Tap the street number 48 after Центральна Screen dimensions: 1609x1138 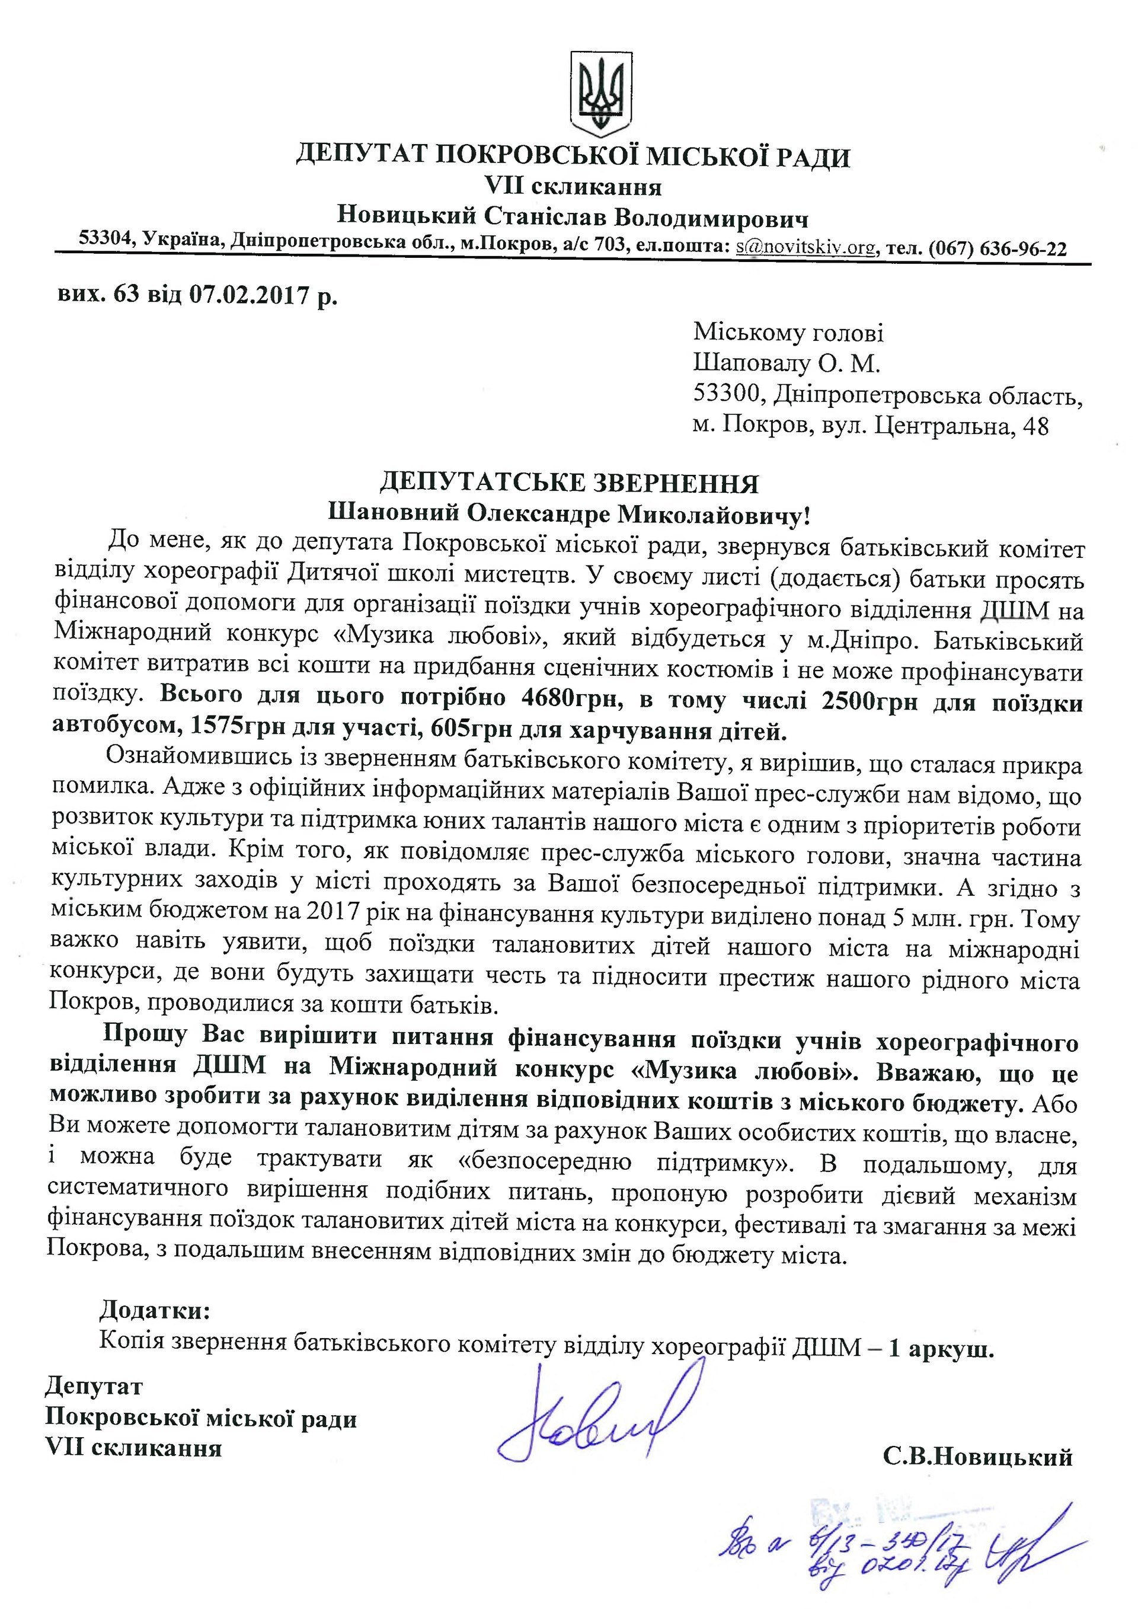[x=1035, y=427]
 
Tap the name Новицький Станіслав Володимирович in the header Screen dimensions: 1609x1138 [x=573, y=216]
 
